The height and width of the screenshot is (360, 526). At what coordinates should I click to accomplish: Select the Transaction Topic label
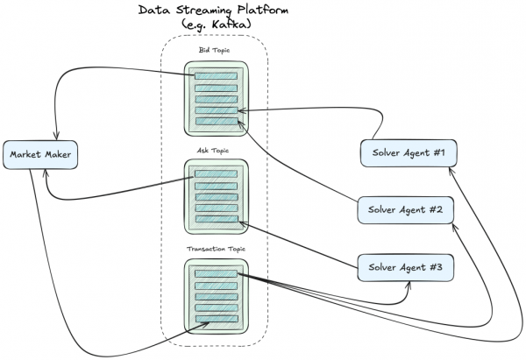[215, 250]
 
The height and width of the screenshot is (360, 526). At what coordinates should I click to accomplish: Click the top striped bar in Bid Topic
[216, 76]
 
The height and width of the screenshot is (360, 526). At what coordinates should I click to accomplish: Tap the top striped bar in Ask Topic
[216, 175]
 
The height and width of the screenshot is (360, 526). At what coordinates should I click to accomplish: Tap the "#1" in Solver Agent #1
[437, 153]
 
